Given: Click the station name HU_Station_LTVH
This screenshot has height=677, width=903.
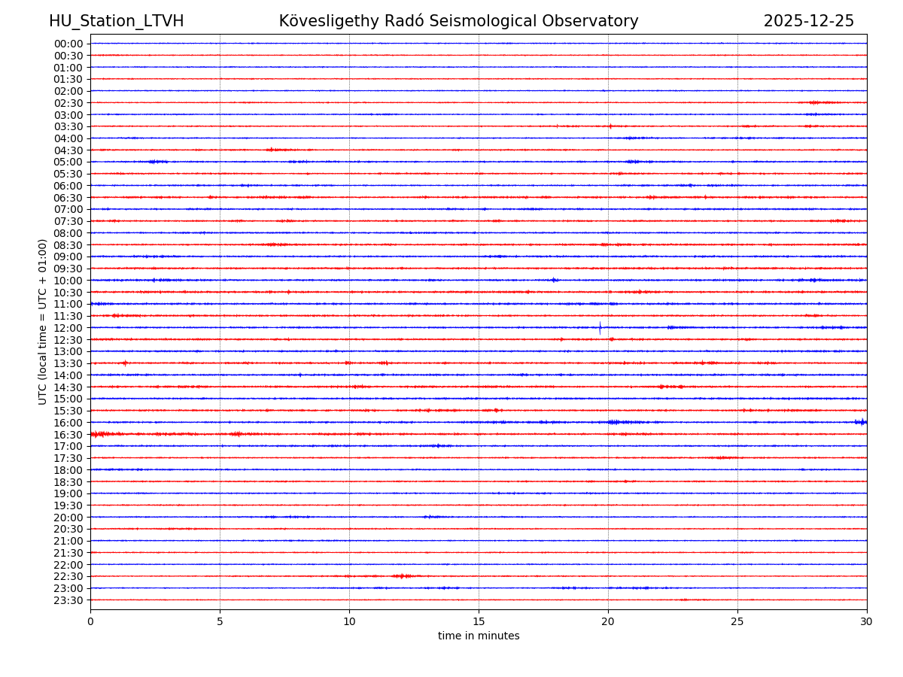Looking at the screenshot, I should point(116,21).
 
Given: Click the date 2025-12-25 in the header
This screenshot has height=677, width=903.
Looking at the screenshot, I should point(808,21).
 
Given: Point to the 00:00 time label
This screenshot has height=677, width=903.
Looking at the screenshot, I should point(68,44).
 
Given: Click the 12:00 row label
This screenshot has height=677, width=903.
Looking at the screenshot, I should point(68,328).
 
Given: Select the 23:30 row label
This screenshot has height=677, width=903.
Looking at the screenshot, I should point(68,600).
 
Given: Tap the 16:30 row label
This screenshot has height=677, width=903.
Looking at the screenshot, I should point(68,435).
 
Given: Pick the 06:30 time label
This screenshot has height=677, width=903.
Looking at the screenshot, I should point(68,198).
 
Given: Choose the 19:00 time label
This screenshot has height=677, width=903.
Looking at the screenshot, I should point(68,493).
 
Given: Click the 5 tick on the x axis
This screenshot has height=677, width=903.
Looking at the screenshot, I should point(220,622).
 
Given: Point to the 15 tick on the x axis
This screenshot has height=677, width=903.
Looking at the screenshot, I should point(479,622).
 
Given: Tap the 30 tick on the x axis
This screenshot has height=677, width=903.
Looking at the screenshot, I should point(867,622).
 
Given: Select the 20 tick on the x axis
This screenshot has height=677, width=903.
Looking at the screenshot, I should point(608,622).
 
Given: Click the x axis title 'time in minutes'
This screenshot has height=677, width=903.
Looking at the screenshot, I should point(479,636).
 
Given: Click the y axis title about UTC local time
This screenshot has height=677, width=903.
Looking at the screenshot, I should point(43,322).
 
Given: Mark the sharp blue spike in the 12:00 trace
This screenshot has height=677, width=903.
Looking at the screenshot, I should point(600,328).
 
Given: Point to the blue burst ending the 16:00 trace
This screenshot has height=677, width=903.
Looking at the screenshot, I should point(861,422).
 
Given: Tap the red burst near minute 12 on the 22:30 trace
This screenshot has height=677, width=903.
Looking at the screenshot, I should point(402,576).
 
